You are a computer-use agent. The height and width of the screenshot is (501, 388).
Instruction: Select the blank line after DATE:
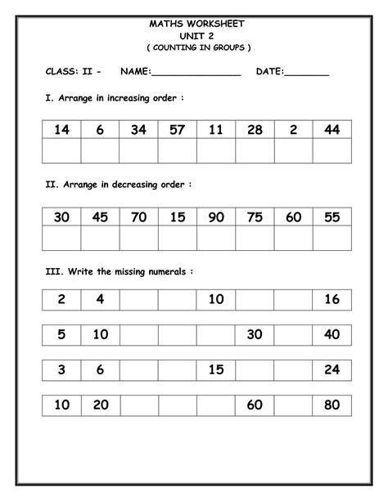click(x=306, y=75)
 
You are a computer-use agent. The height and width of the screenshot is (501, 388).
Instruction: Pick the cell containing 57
click(x=177, y=129)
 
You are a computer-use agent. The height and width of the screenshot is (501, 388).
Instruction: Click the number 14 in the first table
click(x=61, y=129)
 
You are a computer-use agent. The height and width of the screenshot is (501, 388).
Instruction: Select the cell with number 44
click(x=332, y=129)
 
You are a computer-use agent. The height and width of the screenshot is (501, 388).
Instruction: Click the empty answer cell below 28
click(x=255, y=152)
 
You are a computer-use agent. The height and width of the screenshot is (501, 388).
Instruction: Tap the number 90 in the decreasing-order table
click(x=216, y=217)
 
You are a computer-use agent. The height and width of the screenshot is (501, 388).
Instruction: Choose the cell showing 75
click(x=255, y=217)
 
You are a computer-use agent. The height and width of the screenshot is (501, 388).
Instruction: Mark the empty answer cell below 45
click(x=100, y=239)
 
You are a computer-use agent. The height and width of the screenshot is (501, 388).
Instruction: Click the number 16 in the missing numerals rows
click(x=332, y=299)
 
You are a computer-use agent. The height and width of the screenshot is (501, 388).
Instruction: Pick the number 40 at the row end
click(x=332, y=333)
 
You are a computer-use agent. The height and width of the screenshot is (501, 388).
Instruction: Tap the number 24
click(x=332, y=369)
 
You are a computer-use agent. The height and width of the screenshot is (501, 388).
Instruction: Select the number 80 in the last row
click(x=332, y=404)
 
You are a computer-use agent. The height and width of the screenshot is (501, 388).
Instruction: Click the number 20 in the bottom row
click(x=100, y=404)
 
